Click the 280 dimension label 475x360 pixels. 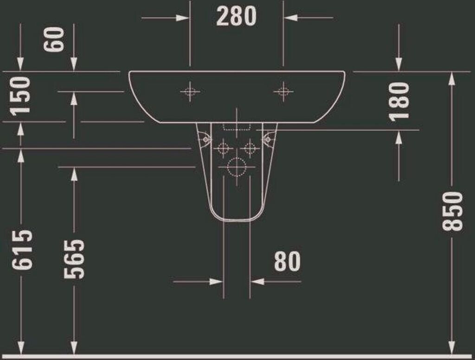(x=236, y=16)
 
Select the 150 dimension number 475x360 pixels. (x=20, y=96)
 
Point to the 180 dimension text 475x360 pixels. (x=399, y=102)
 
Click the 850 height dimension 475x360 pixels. (x=453, y=211)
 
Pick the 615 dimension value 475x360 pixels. (x=22, y=250)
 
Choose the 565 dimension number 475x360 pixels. (x=74, y=259)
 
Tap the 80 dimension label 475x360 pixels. (x=287, y=261)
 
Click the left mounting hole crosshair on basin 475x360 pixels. (x=190, y=91)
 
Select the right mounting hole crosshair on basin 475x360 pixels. (x=283, y=91)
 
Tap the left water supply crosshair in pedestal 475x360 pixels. (x=223, y=148)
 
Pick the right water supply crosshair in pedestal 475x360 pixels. (x=250, y=148)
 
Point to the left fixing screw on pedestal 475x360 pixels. (x=205, y=139)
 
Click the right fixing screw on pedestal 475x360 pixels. (x=268, y=139)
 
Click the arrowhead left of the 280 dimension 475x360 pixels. (x=183, y=18)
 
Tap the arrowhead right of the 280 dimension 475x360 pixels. (x=290, y=18)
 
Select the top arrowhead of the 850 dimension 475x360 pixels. (x=452, y=79)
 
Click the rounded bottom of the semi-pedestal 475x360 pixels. (x=237, y=220)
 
